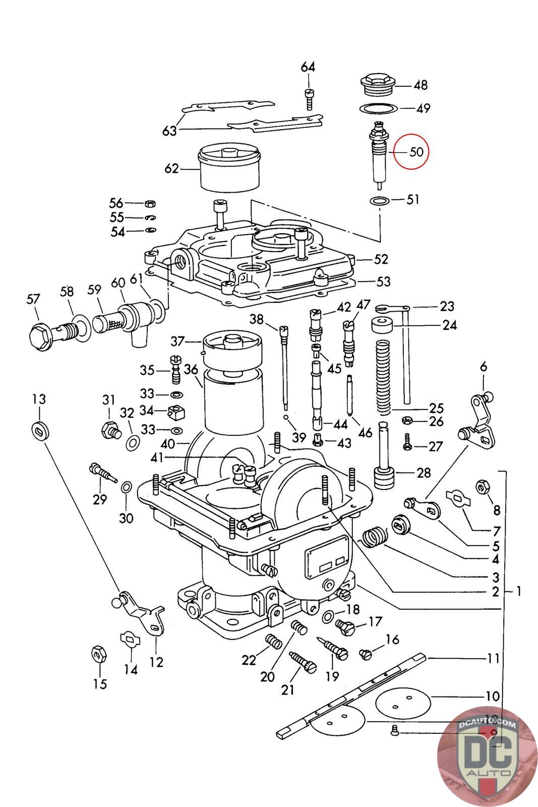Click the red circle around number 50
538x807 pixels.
pos(410,151)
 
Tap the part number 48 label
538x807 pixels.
pos(421,85)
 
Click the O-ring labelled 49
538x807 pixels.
pos(378,108)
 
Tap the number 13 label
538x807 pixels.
pos(39,399)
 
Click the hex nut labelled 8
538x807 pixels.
pos(481,487)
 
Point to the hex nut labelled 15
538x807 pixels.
pos(97,654)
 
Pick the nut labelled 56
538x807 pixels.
pos(150,203)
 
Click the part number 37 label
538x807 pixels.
pos(177,342)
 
